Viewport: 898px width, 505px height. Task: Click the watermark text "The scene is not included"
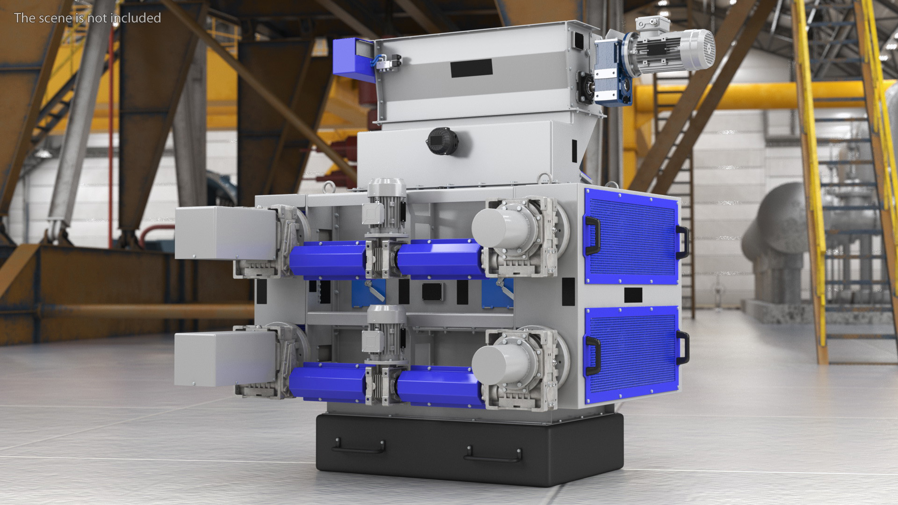point(87,18)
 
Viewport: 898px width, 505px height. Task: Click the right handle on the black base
point(492,454)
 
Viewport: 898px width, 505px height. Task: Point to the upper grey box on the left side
point(224,233)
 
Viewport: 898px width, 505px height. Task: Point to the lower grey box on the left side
point(224,358)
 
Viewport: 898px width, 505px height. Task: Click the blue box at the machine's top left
point(354,59)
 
